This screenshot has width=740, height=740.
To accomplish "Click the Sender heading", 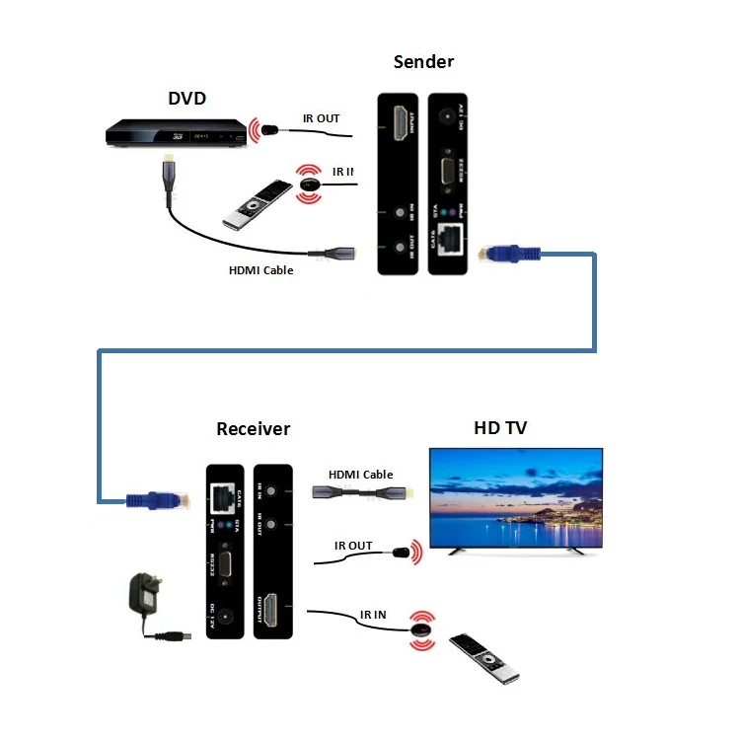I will tap(423, 62).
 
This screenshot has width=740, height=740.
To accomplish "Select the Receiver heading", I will tap(254, 428).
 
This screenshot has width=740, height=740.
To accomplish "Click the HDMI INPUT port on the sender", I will tap(405, 124).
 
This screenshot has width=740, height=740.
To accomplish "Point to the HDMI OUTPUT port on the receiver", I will tap(277, 606).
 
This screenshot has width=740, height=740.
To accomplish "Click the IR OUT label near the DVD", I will tap(321, 118).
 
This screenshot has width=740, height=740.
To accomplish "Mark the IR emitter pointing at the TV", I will tap(401, 554).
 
